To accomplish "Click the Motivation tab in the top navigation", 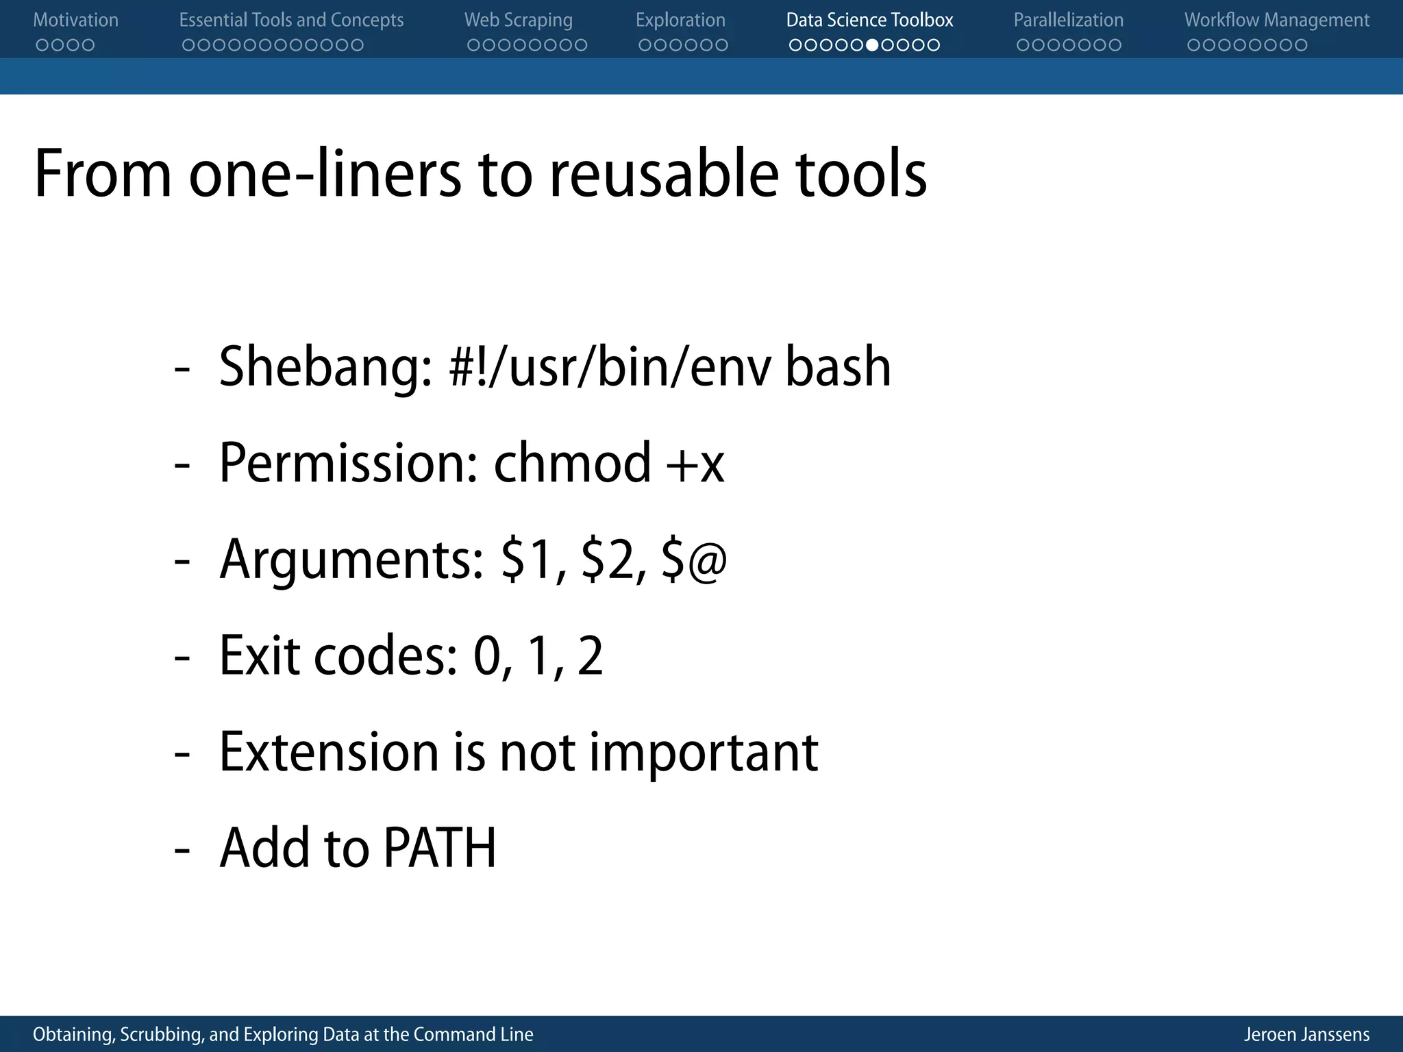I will (x=75, y=21).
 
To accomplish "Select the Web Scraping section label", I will (x=518, y=21).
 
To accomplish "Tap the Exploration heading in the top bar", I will (x=680, y=21).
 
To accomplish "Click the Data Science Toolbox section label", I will (x=869, y=21).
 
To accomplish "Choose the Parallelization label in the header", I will (x=1068, y=21).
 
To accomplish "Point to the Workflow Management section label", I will (x=1277, y=21).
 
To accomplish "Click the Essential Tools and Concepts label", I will (x=291, y=21).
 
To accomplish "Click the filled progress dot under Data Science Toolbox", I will (x=872, y=45).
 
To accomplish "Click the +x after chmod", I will (x=695, y=464).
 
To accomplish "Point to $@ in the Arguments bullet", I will (x=694, y=560).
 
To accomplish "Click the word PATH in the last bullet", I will (x=439, y=849).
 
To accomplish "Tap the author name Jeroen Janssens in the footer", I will (x=1306, y=1034).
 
